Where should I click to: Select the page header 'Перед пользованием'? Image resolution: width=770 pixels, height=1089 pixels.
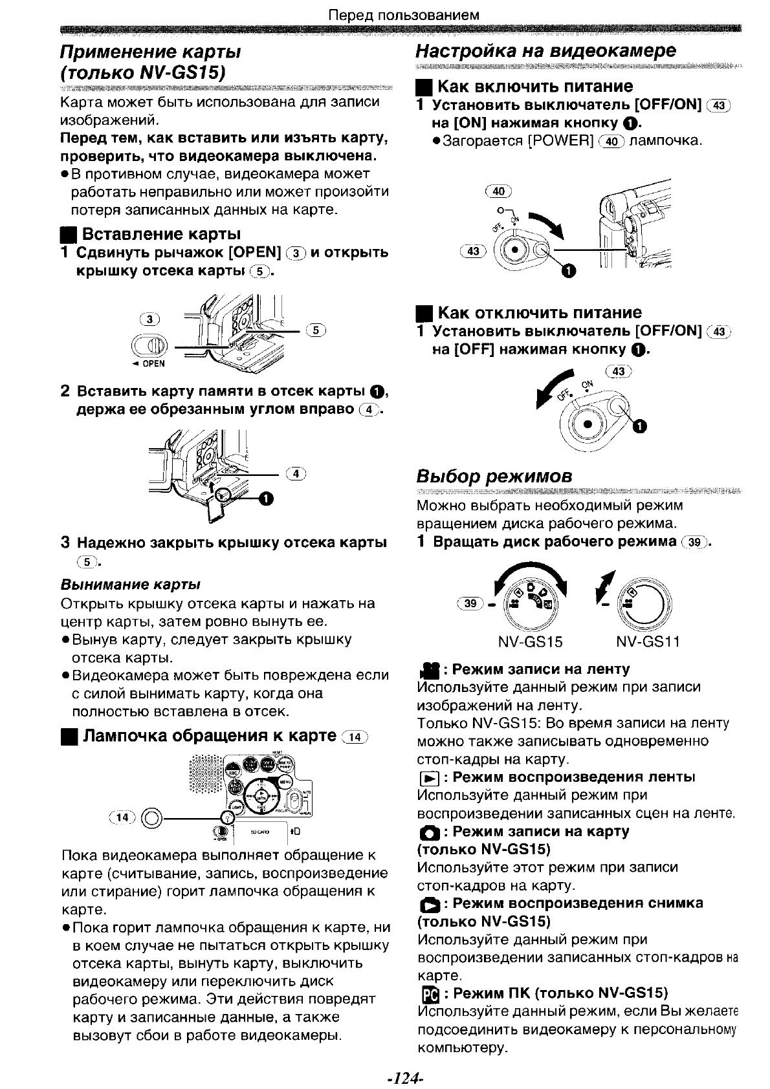tap(404, 14)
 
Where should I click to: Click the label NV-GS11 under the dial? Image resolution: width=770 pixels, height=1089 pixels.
tap(648, 642)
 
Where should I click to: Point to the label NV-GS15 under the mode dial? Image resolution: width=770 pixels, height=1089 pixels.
tap(530, 642)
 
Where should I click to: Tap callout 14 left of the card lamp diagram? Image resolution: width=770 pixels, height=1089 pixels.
tap(122, 817)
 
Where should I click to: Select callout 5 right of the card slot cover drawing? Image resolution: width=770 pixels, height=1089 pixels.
tap(316, 330)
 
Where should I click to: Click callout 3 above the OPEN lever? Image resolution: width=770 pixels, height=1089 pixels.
tap(150, 319)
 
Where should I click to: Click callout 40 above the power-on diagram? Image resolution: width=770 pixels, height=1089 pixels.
tap(498, 191)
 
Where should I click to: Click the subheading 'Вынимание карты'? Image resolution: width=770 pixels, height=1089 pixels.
tap(129, 585)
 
